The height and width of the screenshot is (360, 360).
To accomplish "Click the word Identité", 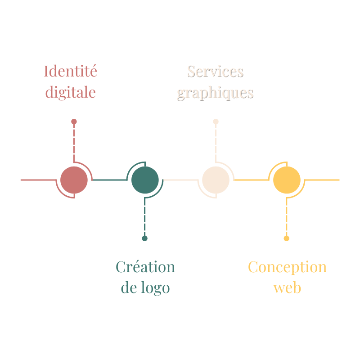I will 71,71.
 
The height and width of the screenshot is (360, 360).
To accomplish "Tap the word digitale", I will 71,92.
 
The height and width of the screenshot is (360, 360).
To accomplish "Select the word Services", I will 215,71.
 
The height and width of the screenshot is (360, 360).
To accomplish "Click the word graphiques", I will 215,93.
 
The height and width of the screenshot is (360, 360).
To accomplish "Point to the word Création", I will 145,267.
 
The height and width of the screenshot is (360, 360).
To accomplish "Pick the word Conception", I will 287,267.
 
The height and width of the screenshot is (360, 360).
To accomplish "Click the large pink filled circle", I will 74,180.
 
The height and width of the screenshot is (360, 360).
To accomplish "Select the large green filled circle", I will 145,180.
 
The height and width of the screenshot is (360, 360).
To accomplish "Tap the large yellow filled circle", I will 287,180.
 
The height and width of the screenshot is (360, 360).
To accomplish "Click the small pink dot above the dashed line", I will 74,121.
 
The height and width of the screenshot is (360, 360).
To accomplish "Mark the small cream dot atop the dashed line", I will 216,121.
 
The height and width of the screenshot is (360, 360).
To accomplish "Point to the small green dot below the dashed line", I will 144,238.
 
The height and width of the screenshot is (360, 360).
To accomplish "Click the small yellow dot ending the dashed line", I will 287,238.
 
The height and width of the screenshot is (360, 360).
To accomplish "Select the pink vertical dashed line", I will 74,142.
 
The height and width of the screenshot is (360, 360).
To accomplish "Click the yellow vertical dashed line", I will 287,218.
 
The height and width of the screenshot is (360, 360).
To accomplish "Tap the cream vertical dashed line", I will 216,142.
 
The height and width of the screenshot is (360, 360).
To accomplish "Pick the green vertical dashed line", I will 144,218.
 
